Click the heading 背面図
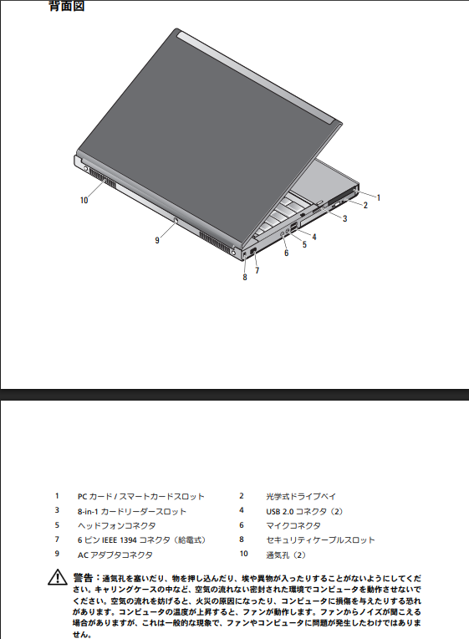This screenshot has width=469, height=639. coord(67,6)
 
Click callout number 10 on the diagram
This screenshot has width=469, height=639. coord(84,200)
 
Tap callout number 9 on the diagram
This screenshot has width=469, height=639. coord(157,240)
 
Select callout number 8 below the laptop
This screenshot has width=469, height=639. coord(244,277)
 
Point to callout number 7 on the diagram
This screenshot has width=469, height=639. coord(257,270)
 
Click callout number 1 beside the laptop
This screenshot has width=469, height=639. coord(379,197)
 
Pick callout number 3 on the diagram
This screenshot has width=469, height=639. coord(344,218)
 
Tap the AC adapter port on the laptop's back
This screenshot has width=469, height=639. coord(176,221)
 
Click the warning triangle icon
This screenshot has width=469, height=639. coord(58,577)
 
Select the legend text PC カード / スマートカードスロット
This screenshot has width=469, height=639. coord(141,497)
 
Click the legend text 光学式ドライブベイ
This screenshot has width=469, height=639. coord(301,496)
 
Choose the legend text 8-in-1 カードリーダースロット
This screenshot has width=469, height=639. coord(132,511)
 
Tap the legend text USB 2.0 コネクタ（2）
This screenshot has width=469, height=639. coord(305,511)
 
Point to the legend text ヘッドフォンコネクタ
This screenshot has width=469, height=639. coord(116,526)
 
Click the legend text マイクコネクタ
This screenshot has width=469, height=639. coord(293,526)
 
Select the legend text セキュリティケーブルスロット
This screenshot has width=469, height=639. coord(320,540)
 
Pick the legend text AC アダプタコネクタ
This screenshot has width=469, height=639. coord(115,555)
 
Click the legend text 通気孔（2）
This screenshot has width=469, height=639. coord(286,555)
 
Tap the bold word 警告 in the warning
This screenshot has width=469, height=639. coord(83,577)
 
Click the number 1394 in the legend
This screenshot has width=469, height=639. coord(128,540)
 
